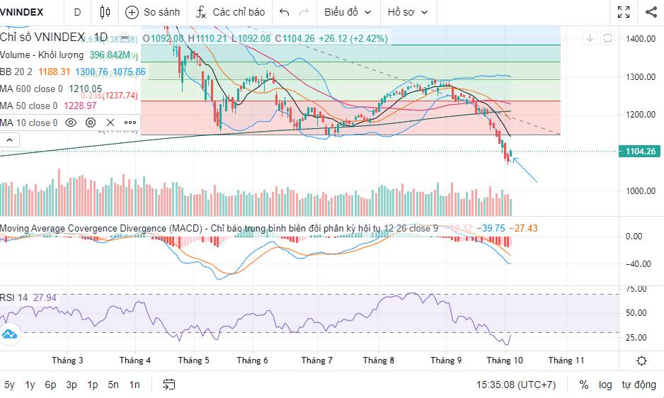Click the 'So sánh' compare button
point(152,12)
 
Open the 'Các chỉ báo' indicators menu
point(231,12)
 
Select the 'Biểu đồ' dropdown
point(348,12)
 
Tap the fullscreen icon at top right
point(624,12)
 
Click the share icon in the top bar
point(651,12)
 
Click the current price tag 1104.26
point(639,151)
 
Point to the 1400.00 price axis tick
point(641,38)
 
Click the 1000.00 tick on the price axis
point(641,191)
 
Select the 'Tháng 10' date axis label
point(505,360)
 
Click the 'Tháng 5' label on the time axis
point(193,360)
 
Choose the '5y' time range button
point(9,385)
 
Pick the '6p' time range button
point(50,385)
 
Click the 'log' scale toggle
point(605,385)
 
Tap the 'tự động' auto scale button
point(639,385)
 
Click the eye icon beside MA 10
point(71,123)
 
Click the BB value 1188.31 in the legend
point(55,72)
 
